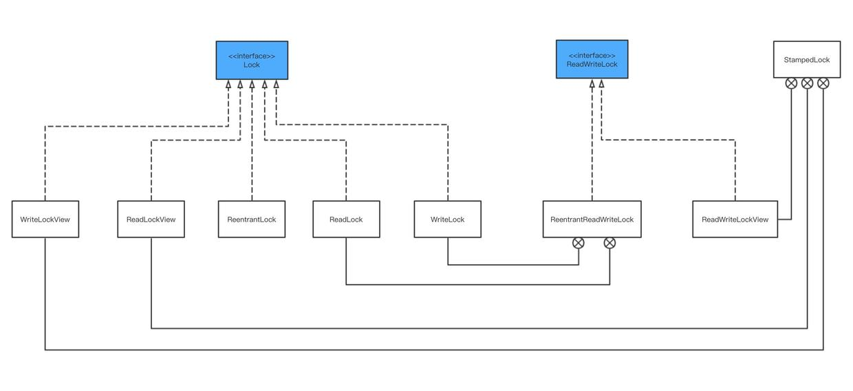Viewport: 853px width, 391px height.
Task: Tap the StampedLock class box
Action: click(x=806, y=59)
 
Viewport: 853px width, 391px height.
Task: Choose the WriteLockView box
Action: click(x=45, y=220)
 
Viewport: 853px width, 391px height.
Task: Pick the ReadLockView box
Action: click(x=151, y=220)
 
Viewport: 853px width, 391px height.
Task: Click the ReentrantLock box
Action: click(x=252, y=220)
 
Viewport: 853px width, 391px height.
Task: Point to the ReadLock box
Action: click(x=346, y=220)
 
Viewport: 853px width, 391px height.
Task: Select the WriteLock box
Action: click(x=447, y=220)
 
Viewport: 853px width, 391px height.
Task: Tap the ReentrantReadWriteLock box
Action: click(x=592, y=220)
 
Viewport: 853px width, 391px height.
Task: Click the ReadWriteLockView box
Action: click(x=735, y=220)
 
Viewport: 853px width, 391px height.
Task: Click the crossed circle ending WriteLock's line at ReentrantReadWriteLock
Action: click(x=579, y=243)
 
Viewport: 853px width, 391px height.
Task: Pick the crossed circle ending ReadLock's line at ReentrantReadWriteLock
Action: click(x=609, y=243)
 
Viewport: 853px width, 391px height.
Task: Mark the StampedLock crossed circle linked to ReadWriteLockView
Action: click(x=791, y=83)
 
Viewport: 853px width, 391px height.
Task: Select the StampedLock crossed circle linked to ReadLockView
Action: click(x=807, y=83)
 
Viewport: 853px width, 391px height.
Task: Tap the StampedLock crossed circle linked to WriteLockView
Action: click(x=823, y=83)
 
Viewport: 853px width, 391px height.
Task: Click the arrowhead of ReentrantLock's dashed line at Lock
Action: click(x=252, y=85)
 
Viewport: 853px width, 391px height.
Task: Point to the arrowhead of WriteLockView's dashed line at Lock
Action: click(x=228, y=85)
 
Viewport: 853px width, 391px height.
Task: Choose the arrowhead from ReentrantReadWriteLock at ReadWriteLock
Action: click(x=592, y=84)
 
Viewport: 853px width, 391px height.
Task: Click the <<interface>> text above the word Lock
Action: click(x=252, y=56)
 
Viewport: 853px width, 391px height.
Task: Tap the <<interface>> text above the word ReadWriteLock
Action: click(x=592, y=55)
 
